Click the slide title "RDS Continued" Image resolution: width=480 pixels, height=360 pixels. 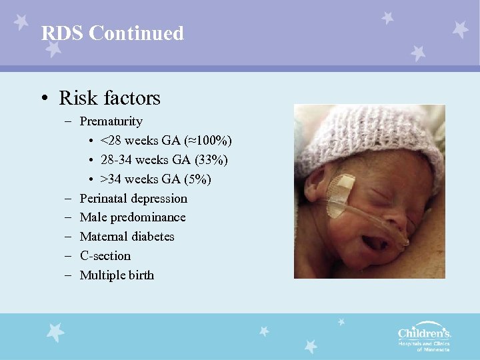click(x=112, y=33)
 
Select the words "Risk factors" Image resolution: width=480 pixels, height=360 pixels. click(x=109, y=98)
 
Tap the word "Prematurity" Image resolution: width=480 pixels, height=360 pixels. click(x=111, y=121)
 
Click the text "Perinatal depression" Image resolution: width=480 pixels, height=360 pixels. click(x=133, y=199)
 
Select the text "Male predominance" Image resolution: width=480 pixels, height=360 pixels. click(x=133, y=217)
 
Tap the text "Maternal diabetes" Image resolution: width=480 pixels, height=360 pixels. click(x=127, y=237)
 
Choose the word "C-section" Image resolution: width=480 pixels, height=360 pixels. click(x=105, y=256)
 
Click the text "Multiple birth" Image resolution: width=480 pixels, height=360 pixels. click(x=117, y=275)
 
